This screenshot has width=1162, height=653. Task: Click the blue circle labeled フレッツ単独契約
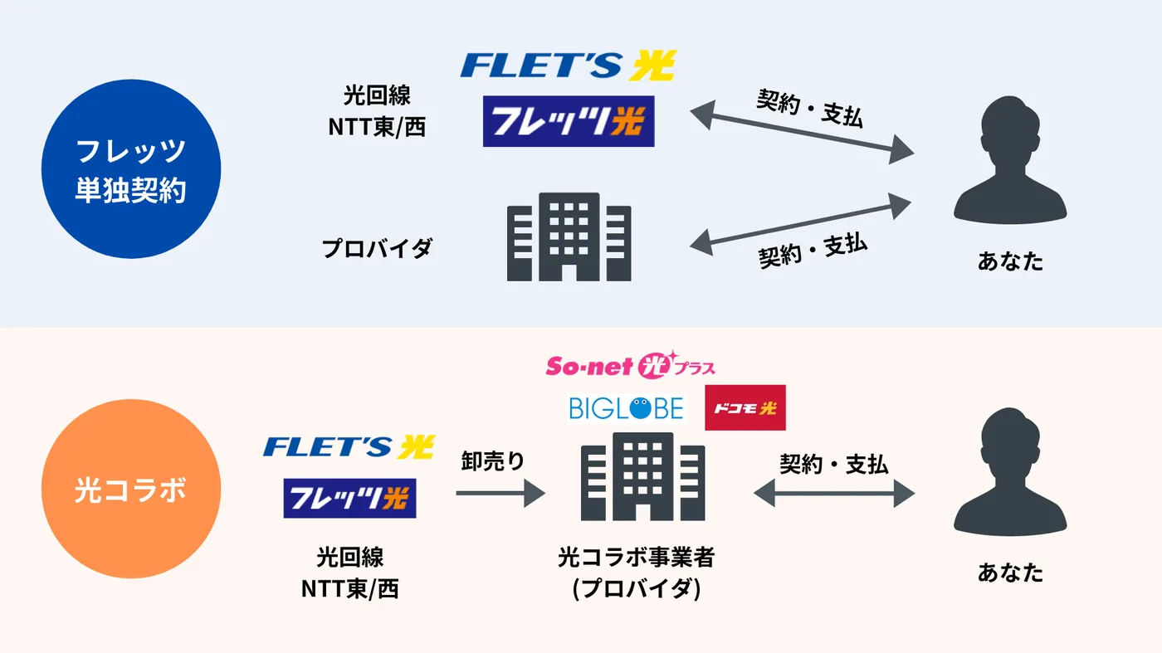(x=131, y=169)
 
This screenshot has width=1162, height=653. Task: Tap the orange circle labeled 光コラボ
(x=131, y=489)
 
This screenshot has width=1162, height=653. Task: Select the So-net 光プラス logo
(x=630, y=364)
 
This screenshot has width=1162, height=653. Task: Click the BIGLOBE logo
(x=626, y=408)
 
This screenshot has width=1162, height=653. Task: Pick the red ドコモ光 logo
(x=745, y=407)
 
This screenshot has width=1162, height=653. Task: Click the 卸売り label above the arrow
(x=493, y=461)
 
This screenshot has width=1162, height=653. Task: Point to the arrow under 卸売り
(x=500, y=493)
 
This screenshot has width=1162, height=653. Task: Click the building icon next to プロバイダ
(x=569, y=237)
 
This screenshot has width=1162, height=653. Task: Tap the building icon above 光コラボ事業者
(x=642, y=476)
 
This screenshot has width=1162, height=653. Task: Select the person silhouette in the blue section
(x=1010, y=160)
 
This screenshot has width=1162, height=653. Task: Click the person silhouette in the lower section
(x=1010, y=471)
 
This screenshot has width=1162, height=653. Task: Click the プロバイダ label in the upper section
(x=377, y=248)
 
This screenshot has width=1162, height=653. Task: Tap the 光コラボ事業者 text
(x=637, y=557)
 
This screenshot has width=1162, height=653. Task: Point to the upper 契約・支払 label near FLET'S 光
(x=810, y=108)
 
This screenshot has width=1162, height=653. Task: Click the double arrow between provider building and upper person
(x=800, y=224)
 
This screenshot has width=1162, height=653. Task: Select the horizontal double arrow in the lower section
(x=834, y=493)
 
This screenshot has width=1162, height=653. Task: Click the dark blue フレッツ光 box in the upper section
(x=569, y=121)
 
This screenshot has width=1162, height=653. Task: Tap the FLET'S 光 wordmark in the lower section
(x=349, y=447)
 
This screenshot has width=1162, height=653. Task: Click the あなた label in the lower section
(x=1010, y=573)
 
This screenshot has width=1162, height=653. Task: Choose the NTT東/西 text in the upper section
(x=377, y=127)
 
